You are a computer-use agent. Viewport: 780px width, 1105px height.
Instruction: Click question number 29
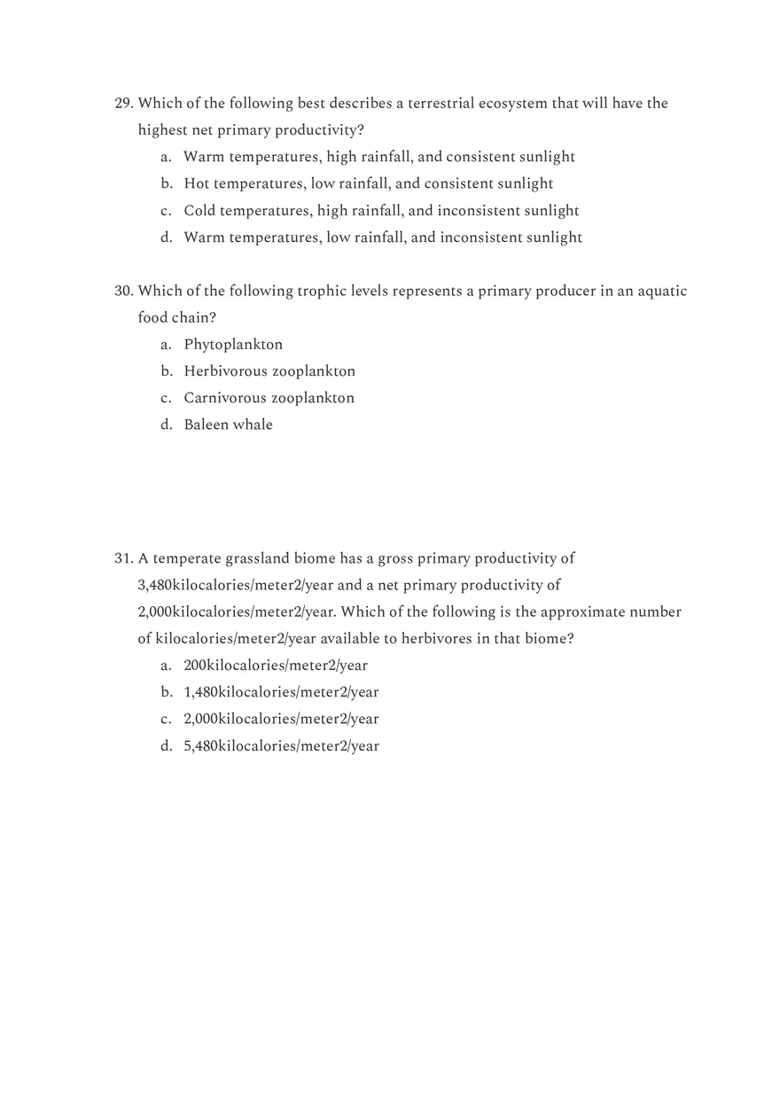(124, 104)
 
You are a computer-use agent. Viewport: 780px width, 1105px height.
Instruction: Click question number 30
(124, 292)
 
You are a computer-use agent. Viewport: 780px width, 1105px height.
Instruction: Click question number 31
(124, 559)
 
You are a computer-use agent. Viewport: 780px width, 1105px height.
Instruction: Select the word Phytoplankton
(233, 345)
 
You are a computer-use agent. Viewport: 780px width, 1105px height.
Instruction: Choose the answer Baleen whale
(228, 424)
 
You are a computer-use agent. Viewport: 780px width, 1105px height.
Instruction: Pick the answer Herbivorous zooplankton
(269, 371)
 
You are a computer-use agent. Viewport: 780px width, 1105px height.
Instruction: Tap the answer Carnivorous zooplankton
(269, 398)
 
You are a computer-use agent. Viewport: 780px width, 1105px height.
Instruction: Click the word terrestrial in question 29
(441, 104)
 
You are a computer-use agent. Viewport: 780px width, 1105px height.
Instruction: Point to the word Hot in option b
(196, 183)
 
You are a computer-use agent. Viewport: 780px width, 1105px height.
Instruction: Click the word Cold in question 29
(199, 211)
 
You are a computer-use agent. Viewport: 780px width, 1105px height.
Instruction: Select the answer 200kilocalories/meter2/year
(275, 665)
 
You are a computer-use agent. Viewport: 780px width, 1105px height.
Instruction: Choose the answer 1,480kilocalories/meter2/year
(281, 692)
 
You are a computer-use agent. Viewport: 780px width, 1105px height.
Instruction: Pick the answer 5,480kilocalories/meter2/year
(281, 746)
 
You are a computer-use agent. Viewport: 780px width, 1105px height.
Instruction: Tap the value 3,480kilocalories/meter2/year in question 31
(235, 586)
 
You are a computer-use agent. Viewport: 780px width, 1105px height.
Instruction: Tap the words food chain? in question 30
(176, 318)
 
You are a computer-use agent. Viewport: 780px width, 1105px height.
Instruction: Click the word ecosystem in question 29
(513, 104)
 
